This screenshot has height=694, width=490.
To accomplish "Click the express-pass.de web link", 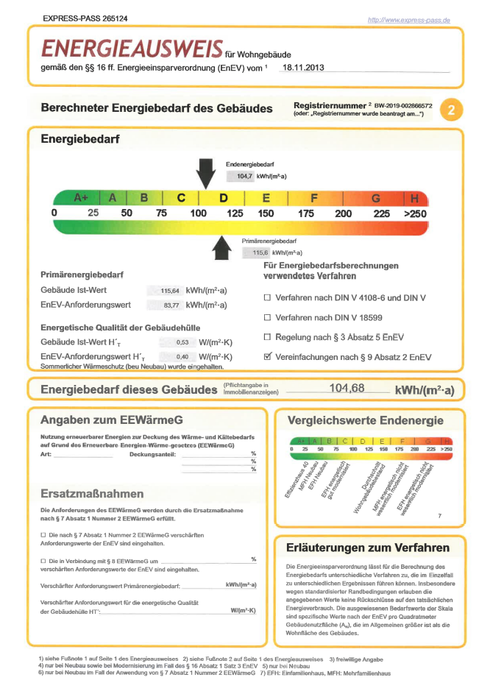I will coord(408,19).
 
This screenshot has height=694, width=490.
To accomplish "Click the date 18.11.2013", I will coord(302,67).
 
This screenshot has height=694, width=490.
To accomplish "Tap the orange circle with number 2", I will coord(450,110).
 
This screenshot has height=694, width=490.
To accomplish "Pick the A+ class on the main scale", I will coord(81,198).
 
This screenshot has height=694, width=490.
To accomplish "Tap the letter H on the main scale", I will coord(414,198).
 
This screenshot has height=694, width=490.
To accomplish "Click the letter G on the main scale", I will coord(376,198).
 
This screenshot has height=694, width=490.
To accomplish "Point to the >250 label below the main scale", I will coord(415,213).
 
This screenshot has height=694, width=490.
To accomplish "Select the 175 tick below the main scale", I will coord(306,213).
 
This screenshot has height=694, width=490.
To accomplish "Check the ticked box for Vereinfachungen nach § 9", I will coord(268,356).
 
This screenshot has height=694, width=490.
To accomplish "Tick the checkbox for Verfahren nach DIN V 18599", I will coord(268,317).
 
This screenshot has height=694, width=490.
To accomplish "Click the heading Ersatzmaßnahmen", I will coord(93,493).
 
